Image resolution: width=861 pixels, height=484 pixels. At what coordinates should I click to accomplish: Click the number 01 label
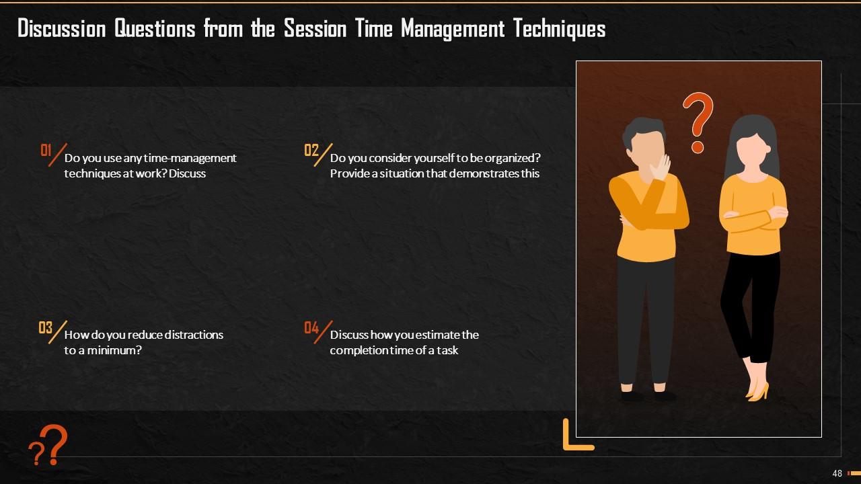46,150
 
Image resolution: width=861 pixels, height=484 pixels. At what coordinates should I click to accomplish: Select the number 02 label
311,150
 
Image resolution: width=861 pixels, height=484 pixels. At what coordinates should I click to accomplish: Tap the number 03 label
45,328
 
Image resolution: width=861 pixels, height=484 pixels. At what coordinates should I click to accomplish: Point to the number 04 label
311,328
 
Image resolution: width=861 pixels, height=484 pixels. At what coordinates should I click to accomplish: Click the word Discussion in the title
61,29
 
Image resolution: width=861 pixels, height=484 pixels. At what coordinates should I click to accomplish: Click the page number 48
837,473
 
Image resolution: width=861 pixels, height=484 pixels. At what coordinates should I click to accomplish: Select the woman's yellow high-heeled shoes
758,391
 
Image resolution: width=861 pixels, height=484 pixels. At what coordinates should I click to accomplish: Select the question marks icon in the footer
48,446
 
